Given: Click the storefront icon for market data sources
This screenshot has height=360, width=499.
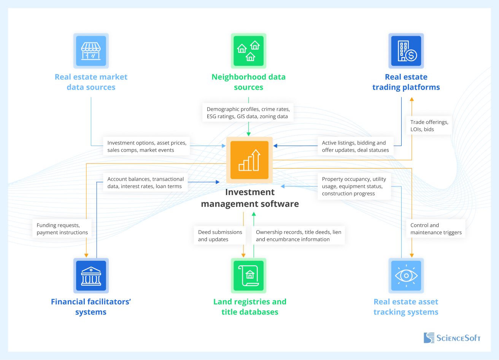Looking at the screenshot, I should [x=91, y=51].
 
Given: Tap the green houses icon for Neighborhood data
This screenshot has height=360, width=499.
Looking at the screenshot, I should [x=248, y=51].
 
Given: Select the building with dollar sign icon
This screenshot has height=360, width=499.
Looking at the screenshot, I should [x=406, y=51].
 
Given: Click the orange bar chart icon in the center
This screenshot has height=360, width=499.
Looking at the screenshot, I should [x=249, y=160].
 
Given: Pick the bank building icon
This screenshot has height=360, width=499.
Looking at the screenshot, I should [x=91, y=276].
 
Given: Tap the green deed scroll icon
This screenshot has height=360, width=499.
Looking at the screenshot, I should [x=248, y=276].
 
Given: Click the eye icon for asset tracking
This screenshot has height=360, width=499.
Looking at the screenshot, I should [x=406, y=276].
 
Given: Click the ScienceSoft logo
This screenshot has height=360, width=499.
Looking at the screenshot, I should [x=452, y=338].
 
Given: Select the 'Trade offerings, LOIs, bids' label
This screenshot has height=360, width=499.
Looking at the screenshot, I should [x=429, y=125].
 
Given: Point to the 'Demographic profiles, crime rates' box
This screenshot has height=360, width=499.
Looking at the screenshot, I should [x=248, y=113].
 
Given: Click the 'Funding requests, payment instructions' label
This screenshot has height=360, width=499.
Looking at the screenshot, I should [x=62, y=229].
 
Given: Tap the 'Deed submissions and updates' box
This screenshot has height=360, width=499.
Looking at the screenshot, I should [x=220, y=236].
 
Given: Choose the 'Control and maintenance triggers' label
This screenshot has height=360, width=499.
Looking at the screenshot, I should [x=435, y=229].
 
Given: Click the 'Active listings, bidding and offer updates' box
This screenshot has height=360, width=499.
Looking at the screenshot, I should [x=355, y=146].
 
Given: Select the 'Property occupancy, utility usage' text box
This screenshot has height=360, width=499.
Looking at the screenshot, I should [x=354, y=186].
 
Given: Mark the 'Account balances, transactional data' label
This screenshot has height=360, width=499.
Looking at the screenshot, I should [x=145, y=182].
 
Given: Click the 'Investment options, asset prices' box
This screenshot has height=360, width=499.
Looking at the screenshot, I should [x=146, y=146].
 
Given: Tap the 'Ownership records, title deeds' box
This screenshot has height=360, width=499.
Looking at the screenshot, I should [x=298, y=236].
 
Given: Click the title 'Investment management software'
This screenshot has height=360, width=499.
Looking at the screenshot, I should [x=250, y=198].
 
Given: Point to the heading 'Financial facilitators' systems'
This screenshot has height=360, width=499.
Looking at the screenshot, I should [x=91, y=307].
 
